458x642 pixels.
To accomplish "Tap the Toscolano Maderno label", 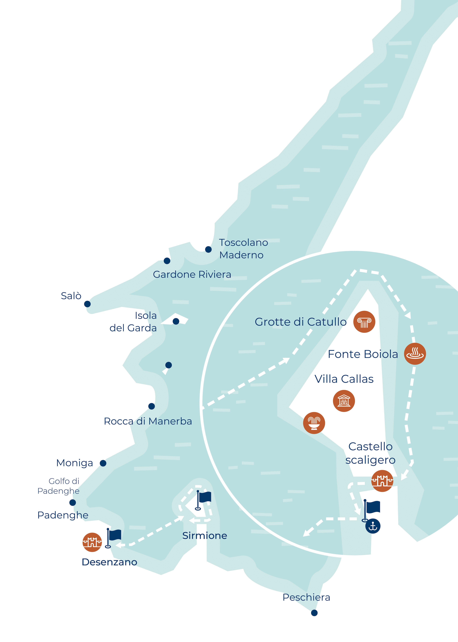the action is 243,249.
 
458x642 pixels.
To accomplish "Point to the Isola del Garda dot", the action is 176,321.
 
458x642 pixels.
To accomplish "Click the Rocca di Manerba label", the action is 148,421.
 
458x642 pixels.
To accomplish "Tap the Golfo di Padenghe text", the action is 59,486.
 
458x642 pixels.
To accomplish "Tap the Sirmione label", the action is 205,536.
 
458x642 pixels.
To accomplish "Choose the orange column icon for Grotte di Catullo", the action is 364,322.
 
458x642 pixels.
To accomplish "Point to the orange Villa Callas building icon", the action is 344,401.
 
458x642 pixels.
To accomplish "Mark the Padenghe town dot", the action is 73,503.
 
